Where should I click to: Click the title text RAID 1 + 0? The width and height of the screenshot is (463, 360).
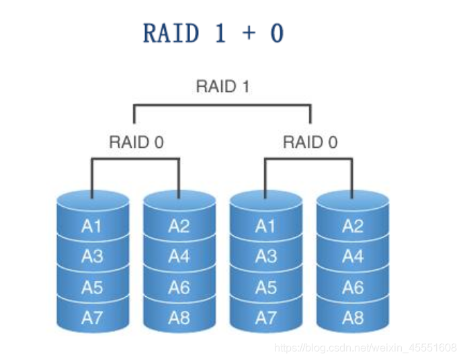pos(214,33)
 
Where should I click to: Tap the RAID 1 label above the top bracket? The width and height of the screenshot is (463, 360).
pos(223,87)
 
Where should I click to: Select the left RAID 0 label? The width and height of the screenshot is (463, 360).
pos(136,142)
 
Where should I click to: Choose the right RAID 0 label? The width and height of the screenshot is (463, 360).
pos(310,142)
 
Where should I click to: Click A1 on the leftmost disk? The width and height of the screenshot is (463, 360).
pos(91,226)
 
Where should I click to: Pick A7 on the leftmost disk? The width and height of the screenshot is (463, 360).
pos(92,318)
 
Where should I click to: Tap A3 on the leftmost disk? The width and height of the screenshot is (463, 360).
pos(92,256)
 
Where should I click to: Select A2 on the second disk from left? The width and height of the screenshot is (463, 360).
pos(179,226)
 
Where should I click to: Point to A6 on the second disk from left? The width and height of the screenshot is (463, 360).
pos(179,287)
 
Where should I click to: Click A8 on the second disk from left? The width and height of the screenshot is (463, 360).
pos(179,318)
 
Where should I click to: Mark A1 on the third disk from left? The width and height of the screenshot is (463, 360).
pos(265,226)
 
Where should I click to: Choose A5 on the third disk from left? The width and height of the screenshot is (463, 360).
pos(265,287)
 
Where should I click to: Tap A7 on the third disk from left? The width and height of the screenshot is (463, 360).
pos(265,318)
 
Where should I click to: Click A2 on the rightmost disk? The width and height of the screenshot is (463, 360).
pos(353,226)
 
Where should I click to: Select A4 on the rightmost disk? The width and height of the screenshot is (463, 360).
pos(353,256)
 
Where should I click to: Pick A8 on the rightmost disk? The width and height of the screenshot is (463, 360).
pos(353,318)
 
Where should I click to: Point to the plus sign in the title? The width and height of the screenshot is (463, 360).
pos(249,32)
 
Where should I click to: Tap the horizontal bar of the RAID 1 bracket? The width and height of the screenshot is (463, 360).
pos(222,105)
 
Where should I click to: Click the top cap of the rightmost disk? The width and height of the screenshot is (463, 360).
pos(353,201)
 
